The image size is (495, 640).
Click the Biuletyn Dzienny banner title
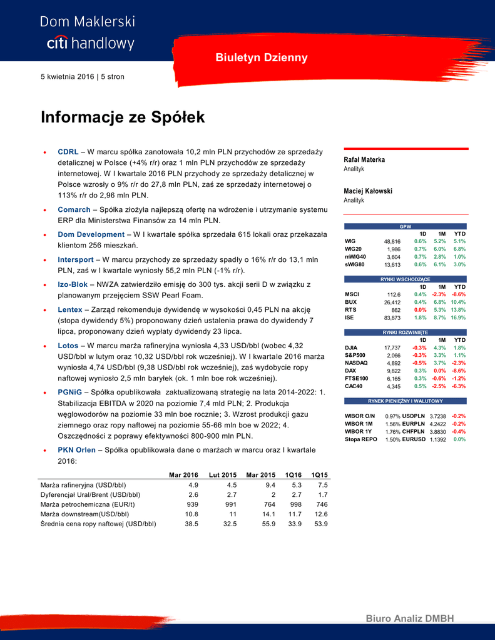coord(262,57)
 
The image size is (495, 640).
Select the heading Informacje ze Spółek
coord(123,117)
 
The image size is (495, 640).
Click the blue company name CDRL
coord(68,152)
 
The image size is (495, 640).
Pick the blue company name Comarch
coord(74,209)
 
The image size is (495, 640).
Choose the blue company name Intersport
coord(76,259)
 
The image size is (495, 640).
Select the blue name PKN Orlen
coord(77,449)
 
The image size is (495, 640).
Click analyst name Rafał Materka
coord(365,159)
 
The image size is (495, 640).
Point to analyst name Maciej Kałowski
coord(368,191)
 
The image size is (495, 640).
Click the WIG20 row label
coord(354,249)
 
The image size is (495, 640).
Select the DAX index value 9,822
coord(393,371)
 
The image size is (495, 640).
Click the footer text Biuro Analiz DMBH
coord(409,619)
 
